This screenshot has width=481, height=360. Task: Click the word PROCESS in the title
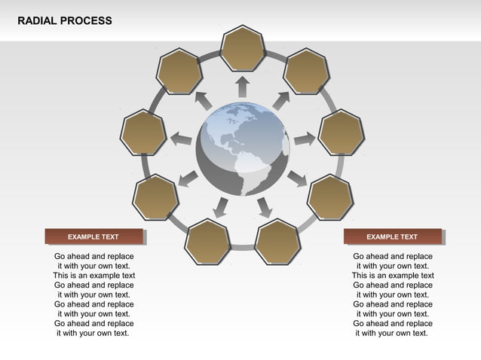(x=88, y=20)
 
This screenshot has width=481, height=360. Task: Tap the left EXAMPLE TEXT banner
(x=93, y=236)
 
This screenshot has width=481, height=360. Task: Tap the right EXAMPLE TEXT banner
(x=392, y=236)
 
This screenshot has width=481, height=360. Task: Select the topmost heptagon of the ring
(x=243, y=48)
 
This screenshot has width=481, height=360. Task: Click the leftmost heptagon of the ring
(x=143, y=133)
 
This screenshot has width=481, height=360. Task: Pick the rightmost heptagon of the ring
(x=342, y=133)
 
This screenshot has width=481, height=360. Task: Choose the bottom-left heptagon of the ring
(x=208, y=242)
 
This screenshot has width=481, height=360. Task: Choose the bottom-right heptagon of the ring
(x=277, y=242)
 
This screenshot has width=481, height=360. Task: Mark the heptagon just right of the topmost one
(x=306, y=72)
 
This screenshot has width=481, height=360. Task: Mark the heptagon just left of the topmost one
(x=179, y=72)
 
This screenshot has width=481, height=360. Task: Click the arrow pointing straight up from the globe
(x=242, y=86)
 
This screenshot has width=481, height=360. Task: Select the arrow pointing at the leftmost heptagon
(x=180, y=139)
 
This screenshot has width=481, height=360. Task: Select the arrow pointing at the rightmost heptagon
(x=304, y=139)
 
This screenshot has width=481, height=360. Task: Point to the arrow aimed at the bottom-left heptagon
(x=221, y=207)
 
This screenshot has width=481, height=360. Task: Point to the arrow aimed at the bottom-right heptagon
(x=264, y=207)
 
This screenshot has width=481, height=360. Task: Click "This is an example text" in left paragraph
(x=93, y=276)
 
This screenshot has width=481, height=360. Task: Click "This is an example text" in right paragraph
(x=392, y=276)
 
